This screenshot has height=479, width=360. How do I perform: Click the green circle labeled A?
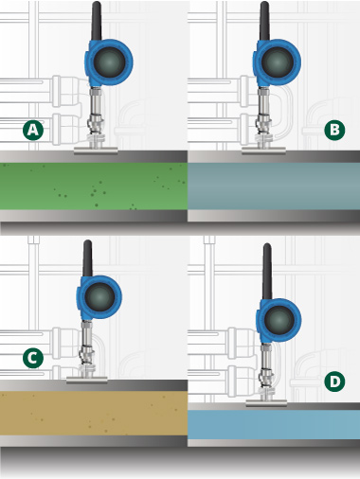(x=33, y=130)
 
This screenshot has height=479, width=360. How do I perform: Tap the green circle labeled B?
(x=334, y=130)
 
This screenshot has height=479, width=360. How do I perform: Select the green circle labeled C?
(x=33, y=358)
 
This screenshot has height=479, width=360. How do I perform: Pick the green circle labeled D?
(x=334, y=381)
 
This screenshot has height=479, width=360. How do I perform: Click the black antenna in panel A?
(x=97, y=21)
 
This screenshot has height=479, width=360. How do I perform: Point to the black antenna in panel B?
(x=264, y=21)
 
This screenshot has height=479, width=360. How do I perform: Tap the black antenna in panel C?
(x=87, y=258)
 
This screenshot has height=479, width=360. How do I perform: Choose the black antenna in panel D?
(x=267, y=272)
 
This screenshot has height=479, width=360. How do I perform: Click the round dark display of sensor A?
(x=109, y=62)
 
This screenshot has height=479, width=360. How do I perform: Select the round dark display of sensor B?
(x=278, y=62)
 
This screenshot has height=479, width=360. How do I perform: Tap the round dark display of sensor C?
(x=99, y=297)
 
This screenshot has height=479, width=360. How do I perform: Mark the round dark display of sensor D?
(x=279, y=320)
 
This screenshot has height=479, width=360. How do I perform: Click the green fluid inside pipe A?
(x=94, y=186)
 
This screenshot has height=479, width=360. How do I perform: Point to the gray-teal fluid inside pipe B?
(x=274, y=186)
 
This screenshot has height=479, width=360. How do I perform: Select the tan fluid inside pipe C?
(x=94, y=414)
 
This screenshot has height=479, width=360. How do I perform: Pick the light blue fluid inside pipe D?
(x=274, y=424)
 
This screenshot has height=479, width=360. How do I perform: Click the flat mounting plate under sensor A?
(x=96, y=151)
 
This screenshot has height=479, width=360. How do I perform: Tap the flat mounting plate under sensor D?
(x=266, y=402)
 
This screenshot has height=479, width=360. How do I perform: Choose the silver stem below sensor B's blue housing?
(x=263, y=114)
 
